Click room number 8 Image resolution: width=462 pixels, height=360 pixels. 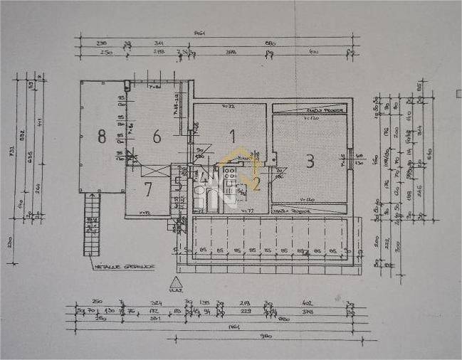coord(102,137)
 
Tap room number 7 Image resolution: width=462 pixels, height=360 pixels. coord(148,189)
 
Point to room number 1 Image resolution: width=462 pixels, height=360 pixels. coord(231,134)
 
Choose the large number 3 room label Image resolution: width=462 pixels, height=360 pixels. coord(310,162)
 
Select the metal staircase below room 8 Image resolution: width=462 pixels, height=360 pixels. coord(91,226)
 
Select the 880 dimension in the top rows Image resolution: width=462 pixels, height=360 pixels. coord(271,43)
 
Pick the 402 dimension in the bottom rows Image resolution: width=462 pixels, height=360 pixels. coord(308,304)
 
